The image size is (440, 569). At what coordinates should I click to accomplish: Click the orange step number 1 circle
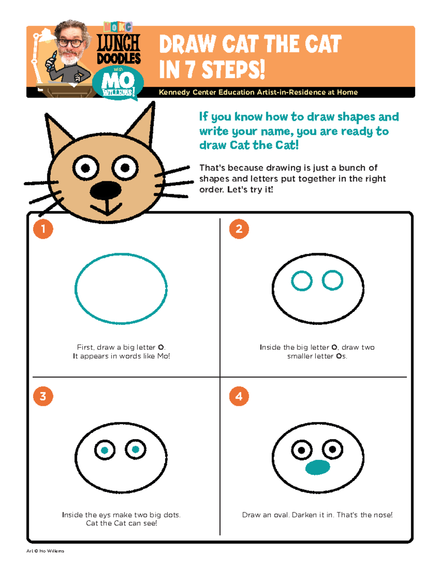pyautogui.click(x=43, y=229)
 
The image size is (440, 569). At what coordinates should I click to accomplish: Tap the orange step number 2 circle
pyautogui.click(x=239, y=229)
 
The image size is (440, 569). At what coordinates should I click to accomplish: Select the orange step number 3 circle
pyautogui.click(x=43, y=396)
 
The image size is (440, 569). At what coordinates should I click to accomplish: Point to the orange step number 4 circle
pyautogui.click(x=239, y=396)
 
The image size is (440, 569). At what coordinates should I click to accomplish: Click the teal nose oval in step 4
pyautogui.click(x=318, y=467)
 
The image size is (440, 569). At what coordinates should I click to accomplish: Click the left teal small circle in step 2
pyautogui.click(x=302, y=281)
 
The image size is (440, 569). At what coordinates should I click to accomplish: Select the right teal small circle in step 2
pyautogui.click(x=333, y=280)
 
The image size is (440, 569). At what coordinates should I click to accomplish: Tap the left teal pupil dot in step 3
pyautogui.click(x=104, y=450)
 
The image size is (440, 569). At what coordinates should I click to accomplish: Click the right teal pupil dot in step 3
pyautogui.click(x=135, y=449)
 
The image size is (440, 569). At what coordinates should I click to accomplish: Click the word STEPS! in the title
pyautogui.click(x=233, y=70)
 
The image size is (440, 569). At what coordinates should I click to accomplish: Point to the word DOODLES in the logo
pyautogui.click(x=119, y=58)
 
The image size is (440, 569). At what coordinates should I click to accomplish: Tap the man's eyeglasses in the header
pyautogui.click(x=70, y=43)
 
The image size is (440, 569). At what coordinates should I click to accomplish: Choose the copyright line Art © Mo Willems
pyautogui.click(x=45, y=551)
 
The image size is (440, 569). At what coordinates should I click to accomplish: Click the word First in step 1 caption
pyautogui.click(x=85, y=347)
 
